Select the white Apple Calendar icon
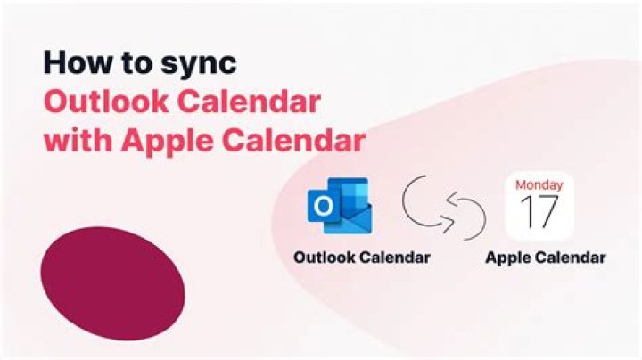point(539,207)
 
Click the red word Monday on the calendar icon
point(539,185)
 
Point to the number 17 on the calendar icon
point(539,215)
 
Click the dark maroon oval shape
point(113,283)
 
